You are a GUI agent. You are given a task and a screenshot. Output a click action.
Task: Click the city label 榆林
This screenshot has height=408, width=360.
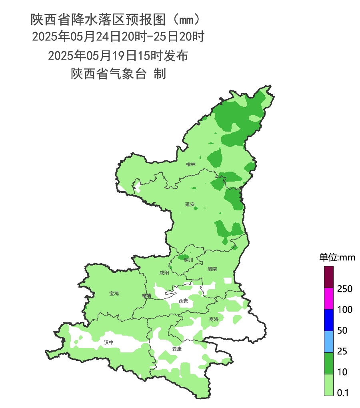tap(191, 164)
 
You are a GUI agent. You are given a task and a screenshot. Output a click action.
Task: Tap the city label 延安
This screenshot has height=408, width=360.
tap(190, 204)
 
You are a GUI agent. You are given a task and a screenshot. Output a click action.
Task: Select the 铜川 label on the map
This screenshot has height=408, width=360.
tap(188, 260)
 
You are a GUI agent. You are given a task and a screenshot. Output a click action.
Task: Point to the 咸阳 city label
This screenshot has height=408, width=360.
tap(164, 273)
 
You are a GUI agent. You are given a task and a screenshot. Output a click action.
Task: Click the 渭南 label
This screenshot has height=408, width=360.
tap(212, 269)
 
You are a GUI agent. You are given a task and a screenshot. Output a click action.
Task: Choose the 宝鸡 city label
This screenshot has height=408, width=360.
tap(114, 294)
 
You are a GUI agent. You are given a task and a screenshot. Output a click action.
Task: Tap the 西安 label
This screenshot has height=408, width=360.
tap(183, 301)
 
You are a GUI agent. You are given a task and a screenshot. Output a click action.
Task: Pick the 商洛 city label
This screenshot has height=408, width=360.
tap(214, 319)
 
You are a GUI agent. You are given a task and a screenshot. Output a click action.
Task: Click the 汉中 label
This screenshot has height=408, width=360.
tap(109, 342)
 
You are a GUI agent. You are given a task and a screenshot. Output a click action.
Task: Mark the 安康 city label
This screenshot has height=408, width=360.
tap(177, 349)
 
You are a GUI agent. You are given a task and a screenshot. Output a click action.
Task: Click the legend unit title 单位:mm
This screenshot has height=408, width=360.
tap(337, 257)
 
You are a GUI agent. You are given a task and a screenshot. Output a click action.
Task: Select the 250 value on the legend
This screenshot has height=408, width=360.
tap(344, 289)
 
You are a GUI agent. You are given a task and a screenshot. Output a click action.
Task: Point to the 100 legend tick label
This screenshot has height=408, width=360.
tap(344, 310)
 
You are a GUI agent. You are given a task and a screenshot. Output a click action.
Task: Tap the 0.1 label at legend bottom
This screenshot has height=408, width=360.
tap(343, 393)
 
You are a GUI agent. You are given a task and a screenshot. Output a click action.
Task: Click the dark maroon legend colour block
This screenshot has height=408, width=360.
tap(329, 277)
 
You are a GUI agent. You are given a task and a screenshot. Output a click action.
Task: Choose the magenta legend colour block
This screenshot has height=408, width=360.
tap(329, 298)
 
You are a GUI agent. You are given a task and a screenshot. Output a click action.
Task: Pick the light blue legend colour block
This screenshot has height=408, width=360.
tap(329, 341)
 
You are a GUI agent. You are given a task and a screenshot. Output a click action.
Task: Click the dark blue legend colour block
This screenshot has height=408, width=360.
tap(329, 320)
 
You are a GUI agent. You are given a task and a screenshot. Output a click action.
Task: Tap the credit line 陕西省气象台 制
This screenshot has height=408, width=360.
tap(118, 74)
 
